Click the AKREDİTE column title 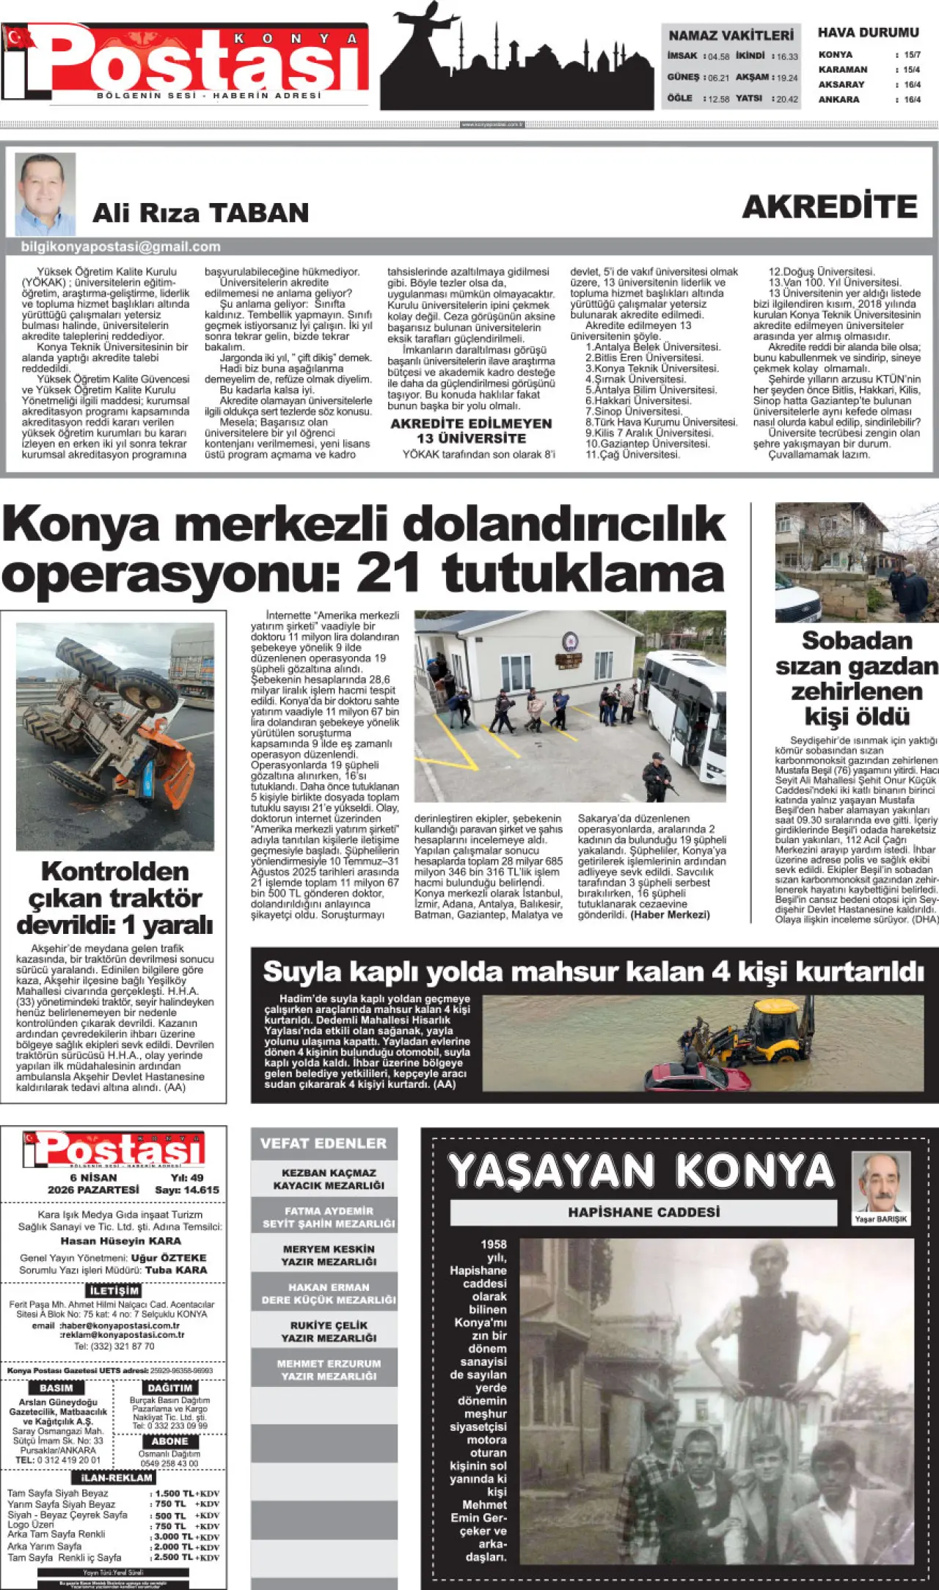tap(830, 207)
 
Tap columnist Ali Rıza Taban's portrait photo tap(45, 194)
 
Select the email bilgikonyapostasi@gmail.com tap(121, 247)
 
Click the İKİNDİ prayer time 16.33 tap(787, 56)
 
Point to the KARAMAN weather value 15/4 tap(912, 70)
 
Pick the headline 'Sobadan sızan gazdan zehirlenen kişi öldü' tap(856, 678)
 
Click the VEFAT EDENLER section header tap(324, 1144)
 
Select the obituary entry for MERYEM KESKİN tap(329, 1255)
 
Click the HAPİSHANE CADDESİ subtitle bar tap(643, 1212)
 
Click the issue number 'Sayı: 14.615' tap(187, 1190)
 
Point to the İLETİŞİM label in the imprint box tap(114, 1291)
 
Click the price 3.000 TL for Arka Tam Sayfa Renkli tap(174, 1536)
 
